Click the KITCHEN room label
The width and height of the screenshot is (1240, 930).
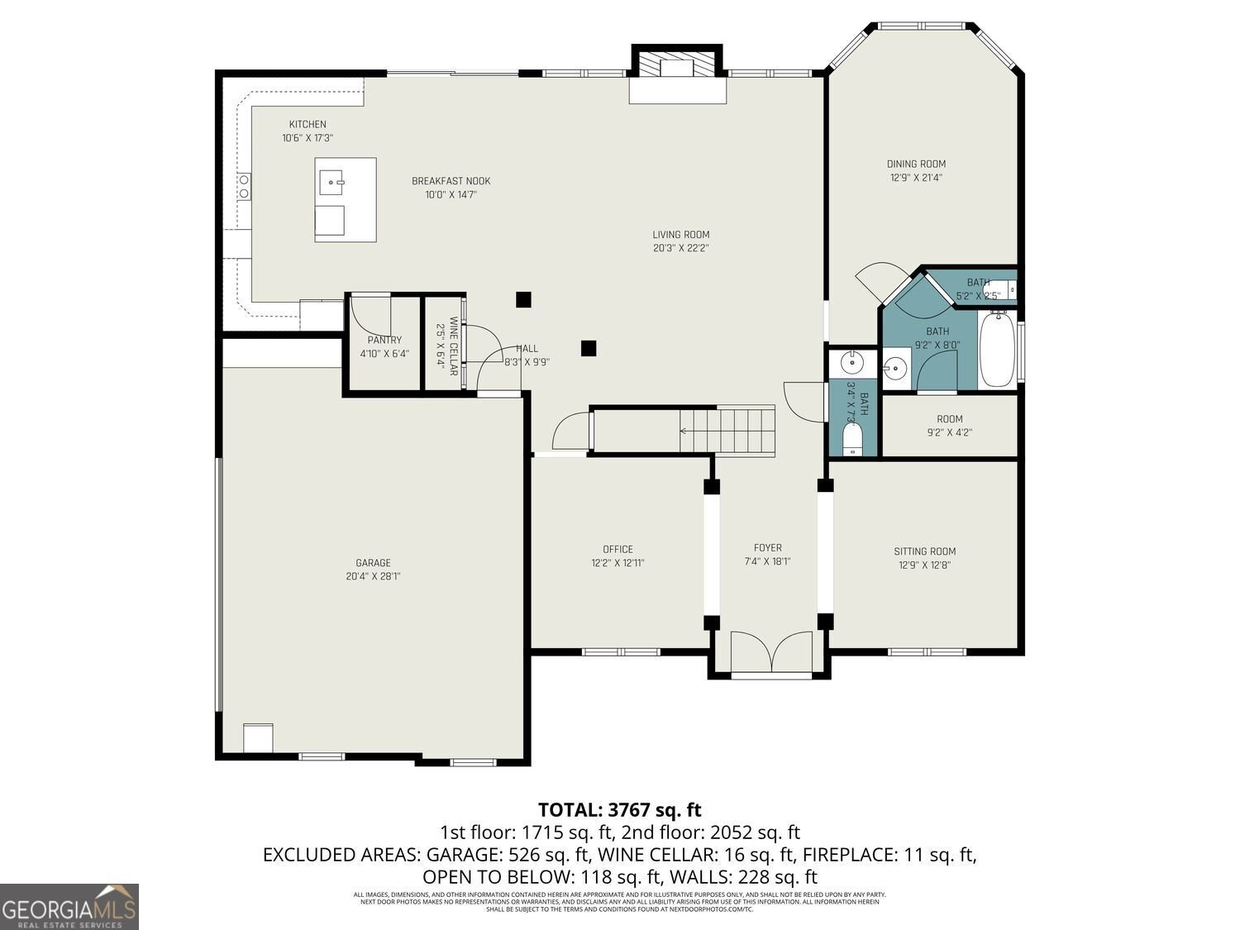point(307,125)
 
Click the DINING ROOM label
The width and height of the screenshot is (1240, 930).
point(916,164)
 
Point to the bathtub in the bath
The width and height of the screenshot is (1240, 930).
point(998,351)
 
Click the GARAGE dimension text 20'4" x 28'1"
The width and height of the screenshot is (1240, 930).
point(373,577)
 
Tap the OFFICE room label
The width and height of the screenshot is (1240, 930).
point(618,549)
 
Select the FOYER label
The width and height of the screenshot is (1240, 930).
point(767,547)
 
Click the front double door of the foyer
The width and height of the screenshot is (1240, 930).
point(770,653)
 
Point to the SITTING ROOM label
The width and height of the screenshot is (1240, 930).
point(924,551)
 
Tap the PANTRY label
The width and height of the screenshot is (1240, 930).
point(384,340)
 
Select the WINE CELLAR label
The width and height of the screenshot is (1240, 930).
point(453,346)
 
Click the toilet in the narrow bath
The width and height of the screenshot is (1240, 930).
point(852,439)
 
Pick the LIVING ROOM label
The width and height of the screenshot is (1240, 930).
point(680,235)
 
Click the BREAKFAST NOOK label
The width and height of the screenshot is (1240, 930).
point(451,181)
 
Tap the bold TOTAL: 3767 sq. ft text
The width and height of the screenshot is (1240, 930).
point(619,809)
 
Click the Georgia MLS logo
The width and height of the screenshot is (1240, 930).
point(69,907)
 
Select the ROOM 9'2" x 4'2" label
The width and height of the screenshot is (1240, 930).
point(949,419)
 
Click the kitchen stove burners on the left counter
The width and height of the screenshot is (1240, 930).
point(245,186)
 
